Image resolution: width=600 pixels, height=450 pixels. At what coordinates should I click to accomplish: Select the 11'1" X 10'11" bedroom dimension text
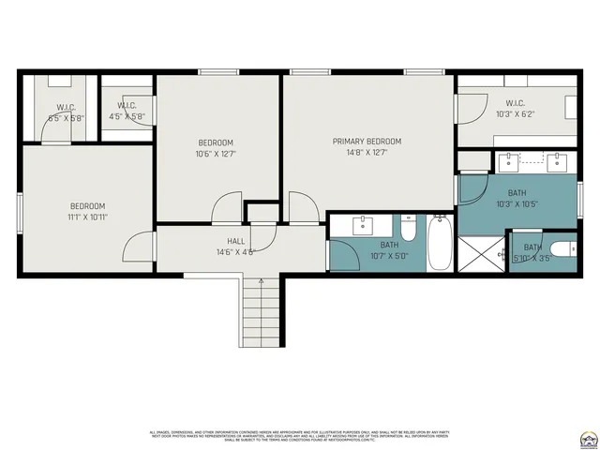[87, 217]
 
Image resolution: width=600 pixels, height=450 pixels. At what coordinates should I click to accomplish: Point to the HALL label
[235, 241]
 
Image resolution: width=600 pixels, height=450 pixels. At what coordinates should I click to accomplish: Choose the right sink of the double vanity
[557, 160]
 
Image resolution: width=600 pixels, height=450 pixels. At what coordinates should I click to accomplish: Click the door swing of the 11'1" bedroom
[140, 247]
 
